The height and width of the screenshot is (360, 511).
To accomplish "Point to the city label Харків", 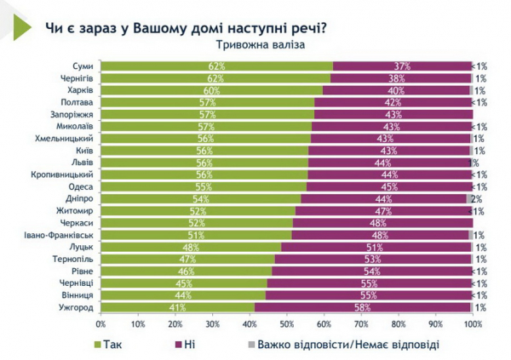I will point(80,90).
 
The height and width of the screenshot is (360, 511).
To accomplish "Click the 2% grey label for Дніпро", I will point(479,198).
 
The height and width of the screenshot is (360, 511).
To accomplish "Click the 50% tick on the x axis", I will point(287,324).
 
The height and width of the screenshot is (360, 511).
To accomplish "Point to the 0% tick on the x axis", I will point(101,324).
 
